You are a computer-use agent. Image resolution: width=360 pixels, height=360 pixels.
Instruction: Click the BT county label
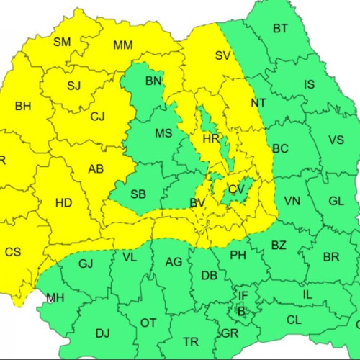tap(280, 29)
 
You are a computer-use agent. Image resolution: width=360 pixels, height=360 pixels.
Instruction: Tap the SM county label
tap(62, 42)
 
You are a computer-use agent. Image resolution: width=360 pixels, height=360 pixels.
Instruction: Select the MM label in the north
tap(123, 45)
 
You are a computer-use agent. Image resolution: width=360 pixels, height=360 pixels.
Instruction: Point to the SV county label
tap(222, 55)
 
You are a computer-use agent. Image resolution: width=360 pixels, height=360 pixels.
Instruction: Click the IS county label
tap(309, 84)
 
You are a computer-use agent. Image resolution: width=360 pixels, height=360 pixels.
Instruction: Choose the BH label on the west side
tap(23, 106)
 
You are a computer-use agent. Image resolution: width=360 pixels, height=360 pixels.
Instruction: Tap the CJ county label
tap(97, 116)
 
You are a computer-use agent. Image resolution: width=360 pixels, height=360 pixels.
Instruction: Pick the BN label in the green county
tap(153, 81)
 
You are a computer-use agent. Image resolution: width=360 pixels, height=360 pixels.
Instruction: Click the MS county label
tap(163, 133)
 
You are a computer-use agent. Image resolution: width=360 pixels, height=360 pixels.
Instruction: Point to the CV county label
tap(236, 189)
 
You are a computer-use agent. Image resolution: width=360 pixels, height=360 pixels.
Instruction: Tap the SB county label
tap(138, 194)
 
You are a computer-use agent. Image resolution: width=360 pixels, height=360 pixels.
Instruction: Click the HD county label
tap(63, 203)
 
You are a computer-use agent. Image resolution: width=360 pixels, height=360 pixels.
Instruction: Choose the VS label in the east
tap(336, 140)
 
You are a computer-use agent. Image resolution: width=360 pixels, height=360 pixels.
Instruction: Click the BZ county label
tap(279, 246)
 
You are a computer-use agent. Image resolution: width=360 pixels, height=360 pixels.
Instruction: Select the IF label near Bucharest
tap(243, 295)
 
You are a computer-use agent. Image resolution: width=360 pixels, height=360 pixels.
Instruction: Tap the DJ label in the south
tap(103, 332)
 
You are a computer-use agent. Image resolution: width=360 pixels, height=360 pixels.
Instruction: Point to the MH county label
tap(55, 297)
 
